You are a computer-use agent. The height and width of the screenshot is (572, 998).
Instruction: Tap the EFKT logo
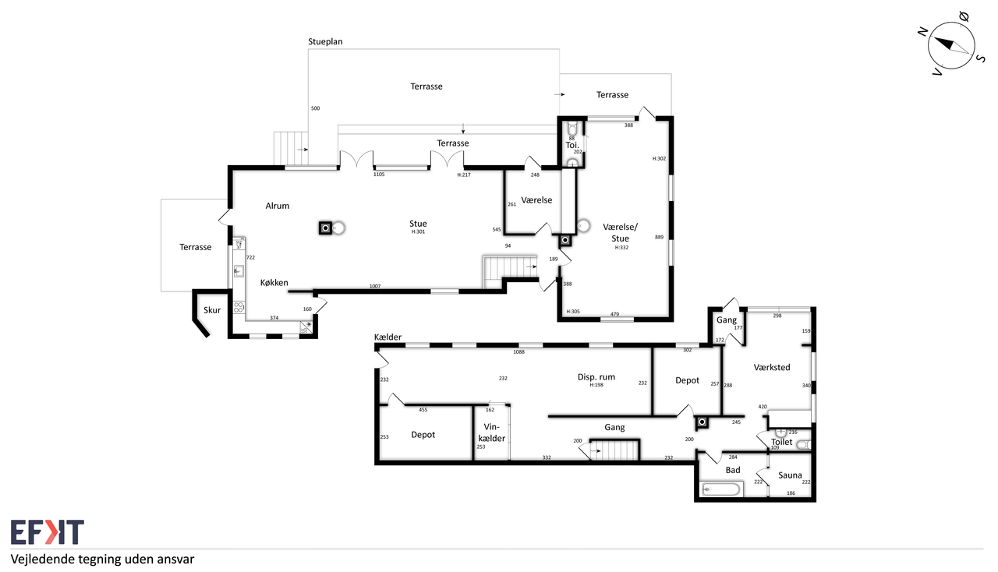coord(48,532)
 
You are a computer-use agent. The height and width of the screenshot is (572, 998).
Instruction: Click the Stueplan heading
coord(325,42)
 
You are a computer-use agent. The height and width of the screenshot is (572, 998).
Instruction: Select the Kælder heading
coord(388,337)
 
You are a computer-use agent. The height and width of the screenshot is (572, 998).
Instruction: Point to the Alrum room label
coord(277,206)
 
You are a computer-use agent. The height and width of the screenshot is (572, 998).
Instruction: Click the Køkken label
coord(274,282)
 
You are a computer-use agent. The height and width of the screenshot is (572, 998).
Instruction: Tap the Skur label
coord(212,310)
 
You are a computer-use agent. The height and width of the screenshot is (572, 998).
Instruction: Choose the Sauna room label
coord(790,475)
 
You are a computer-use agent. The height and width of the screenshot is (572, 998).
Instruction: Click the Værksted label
coord(772,368)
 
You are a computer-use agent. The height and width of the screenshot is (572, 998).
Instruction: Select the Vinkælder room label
coord(491,433)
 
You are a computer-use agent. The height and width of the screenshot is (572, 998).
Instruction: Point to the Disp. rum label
coord(596,377)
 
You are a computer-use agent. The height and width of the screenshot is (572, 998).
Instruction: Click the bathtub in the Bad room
coord(720,489)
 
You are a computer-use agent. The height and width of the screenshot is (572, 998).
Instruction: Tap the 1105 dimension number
coord(379,175)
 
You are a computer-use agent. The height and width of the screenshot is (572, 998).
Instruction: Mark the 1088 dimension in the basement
coord(518,352)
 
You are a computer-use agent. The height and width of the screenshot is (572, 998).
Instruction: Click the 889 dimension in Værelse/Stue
coord(660,237)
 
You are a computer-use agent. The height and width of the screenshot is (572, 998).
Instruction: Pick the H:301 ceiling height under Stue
coord(418,231)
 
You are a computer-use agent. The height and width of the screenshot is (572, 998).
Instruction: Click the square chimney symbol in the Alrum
coord(326,228)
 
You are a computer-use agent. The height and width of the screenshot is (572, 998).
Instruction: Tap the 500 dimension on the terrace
coord(316,108)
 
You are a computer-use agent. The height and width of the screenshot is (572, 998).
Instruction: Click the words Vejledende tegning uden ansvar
coord(102,560)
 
